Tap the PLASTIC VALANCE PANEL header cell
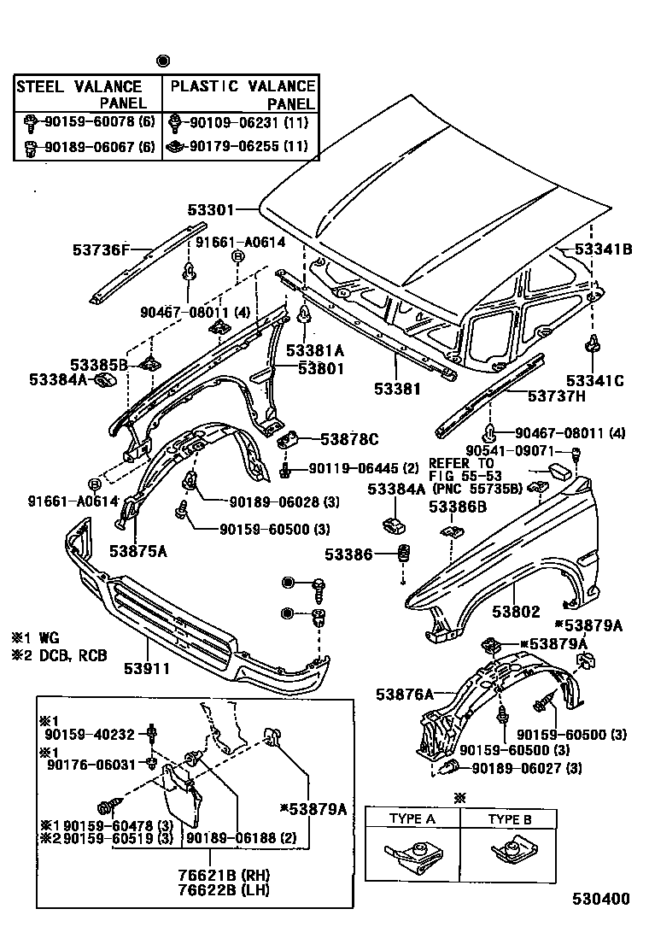tap(242, 95)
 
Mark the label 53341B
tap(603, 249)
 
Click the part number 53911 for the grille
tap(149, 667)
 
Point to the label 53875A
tap(137, 551)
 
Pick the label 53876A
tap(404, 695)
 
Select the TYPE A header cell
tap(412, 818)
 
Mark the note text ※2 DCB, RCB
tap(60, 656)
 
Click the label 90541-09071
tap(521, 450)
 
